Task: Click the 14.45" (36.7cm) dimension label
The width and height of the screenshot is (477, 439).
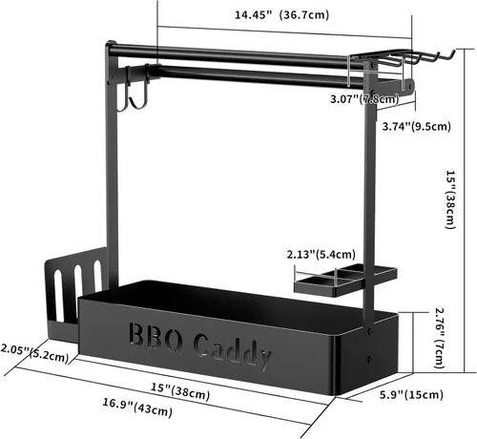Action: [x=281, y=15]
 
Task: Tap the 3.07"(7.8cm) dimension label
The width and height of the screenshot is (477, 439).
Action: [x=364, y=99]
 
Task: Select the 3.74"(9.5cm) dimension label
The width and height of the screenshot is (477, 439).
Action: [x=416, y=126]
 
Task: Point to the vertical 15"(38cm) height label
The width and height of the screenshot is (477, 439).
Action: [x=450, y=199]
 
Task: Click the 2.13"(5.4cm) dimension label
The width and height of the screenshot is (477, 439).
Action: [x=321, y=255]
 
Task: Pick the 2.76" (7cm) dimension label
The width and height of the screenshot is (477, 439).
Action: [x=440, y=338]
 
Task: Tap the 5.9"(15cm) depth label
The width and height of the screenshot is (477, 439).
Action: [x=411, y=395]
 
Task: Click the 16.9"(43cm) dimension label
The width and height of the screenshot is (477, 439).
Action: [x=137, y=408]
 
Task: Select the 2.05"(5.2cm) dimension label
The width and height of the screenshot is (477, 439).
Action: [x=34, y=353]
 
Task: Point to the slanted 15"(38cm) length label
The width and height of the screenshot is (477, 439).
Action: [x=180, y=391]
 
